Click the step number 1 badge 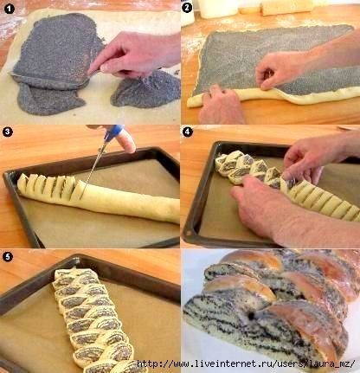coord(10,10)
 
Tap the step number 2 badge coord(187,8)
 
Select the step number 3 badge coord(7,132)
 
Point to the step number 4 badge coord(187,132)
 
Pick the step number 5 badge coord(7,256)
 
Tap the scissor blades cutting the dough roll coord(93,170)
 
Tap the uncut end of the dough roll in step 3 coord(173,211)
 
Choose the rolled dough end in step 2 coord(194,101)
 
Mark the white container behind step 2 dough coord(218,9)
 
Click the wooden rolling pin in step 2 coord(287,8)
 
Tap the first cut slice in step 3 coord(23,183)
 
